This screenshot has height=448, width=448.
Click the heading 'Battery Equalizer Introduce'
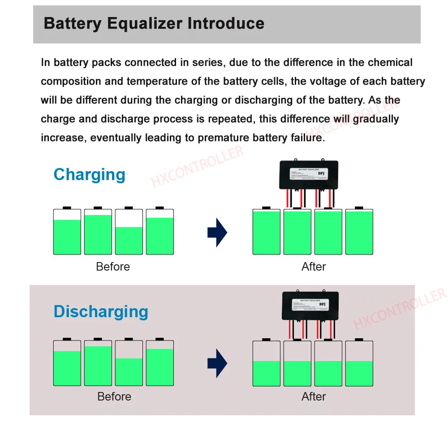tap(154, 23)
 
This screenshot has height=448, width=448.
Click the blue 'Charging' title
tap(89, 174)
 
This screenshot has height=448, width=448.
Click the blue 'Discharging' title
tap(101, 311)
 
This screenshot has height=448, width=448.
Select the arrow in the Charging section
tap(217, 233)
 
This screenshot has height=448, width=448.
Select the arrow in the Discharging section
tap(217, 363)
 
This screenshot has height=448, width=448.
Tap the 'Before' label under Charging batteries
tap(113, 267)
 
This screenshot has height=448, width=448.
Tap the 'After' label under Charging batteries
tap(314, 267)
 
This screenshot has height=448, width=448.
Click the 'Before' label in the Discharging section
tap(114, 396)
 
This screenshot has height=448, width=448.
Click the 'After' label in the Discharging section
tap(314, 396)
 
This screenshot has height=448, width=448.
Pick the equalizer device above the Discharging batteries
tap(310, 306)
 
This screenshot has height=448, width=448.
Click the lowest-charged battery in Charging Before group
tap(129, 232)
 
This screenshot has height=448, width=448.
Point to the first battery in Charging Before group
tap(67, 232)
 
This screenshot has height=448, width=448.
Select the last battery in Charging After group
tap(359, 232)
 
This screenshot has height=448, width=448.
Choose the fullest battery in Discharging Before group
tap(98, 363)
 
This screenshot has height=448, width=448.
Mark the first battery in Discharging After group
tap(267, 363)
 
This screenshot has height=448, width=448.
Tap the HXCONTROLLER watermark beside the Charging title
tap(197, 166)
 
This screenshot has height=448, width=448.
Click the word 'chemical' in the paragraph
tap(390, 63)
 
